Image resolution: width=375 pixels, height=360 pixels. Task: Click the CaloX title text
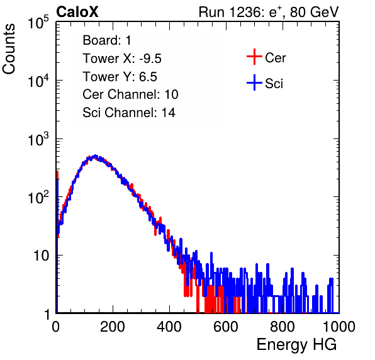click(77, 12)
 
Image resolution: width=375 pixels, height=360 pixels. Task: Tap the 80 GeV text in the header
click(314, 12)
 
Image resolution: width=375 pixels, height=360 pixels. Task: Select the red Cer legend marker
click(254, 57)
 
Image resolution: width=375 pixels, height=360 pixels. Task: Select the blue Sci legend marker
click(254, 82)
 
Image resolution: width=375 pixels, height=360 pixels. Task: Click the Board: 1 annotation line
click(107, 40)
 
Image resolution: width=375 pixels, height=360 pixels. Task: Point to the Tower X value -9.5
click(150, 59)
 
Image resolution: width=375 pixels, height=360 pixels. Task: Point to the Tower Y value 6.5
click(148, 77)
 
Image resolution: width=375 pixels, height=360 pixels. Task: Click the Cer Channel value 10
click(171, 94)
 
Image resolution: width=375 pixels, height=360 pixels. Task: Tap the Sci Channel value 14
click(169, 113)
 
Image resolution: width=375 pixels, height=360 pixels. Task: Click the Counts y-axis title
click(9, 49)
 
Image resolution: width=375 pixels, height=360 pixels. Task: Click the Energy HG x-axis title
click(296, 344)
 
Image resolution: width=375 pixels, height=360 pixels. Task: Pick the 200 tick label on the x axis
click(113, 327)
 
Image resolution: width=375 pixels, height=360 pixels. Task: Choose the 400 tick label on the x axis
click(169, 327)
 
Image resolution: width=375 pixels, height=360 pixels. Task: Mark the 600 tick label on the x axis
click(226, 327)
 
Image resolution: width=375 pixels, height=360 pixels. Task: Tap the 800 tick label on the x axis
click(283, 327)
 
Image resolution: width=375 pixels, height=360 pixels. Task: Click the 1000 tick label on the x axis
click(339, 327)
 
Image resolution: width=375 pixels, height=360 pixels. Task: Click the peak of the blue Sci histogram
click(95, 155)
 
